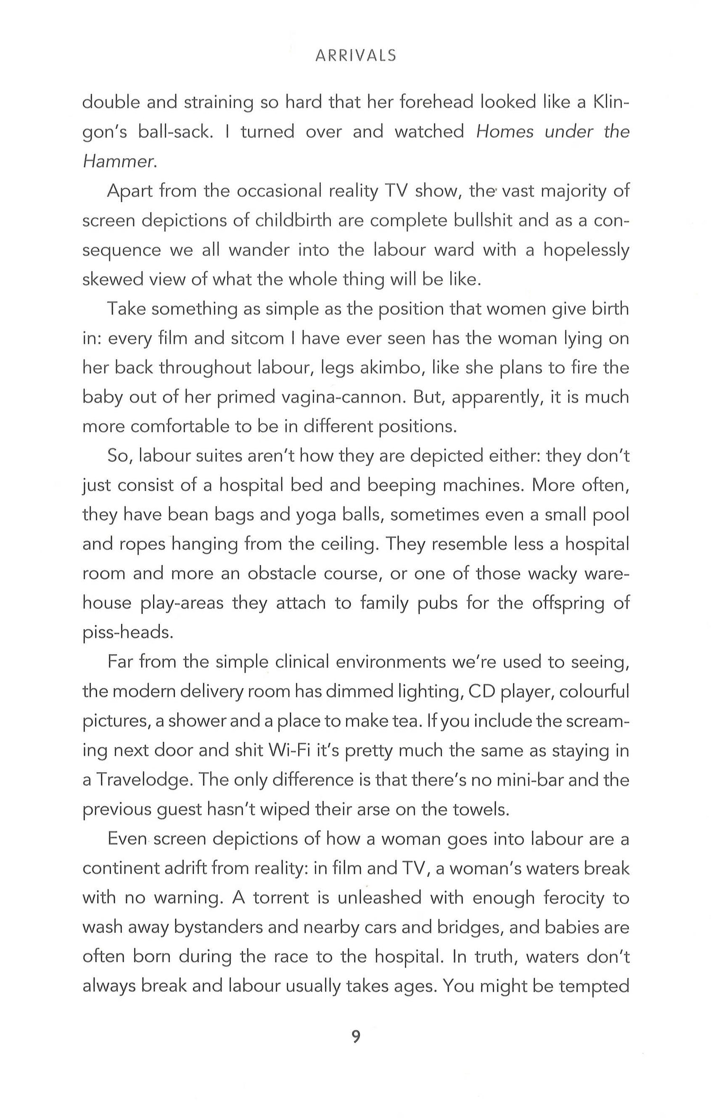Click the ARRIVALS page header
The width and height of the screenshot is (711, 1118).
pyautogui.click(x=355, y=56)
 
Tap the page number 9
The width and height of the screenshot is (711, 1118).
pyautogui.click(x=356, y=1037)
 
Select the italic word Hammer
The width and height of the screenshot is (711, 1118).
pyautogui.click(x=118, y=162)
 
